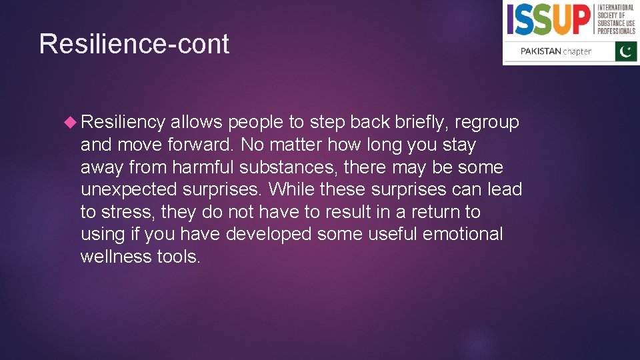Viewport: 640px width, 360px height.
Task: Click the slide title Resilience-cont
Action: pos(134,44)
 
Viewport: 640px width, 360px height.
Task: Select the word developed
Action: pos(269,234)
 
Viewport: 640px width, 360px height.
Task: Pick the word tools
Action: pos(179,257)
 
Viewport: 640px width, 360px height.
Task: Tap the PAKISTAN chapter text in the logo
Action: pos(555,51)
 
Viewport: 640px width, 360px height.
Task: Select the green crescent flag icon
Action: pos(626,51)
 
